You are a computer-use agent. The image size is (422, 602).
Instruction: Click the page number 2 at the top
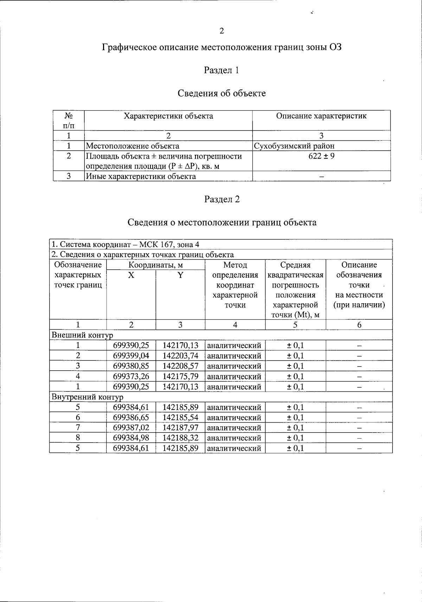coord(222,31)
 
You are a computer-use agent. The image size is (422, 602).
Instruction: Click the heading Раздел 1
coord(222,70)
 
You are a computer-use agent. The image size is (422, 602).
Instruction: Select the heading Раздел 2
coord(222,199)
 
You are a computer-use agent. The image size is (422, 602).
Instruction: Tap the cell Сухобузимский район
coord(294,146)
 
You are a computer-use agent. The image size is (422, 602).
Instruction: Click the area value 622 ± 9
coord(321,156)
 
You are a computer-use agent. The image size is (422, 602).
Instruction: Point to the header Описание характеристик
coord(321,116)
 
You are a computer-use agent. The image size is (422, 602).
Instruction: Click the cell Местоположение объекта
coord(133,146)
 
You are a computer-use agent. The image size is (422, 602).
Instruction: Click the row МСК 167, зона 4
coord(126,244)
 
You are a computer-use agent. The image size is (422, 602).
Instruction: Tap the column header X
coord(131,275)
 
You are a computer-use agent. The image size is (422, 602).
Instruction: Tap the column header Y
coord(180,275)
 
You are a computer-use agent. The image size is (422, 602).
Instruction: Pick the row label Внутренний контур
coord(88,397)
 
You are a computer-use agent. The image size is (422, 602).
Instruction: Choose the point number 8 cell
coord(78,438)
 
